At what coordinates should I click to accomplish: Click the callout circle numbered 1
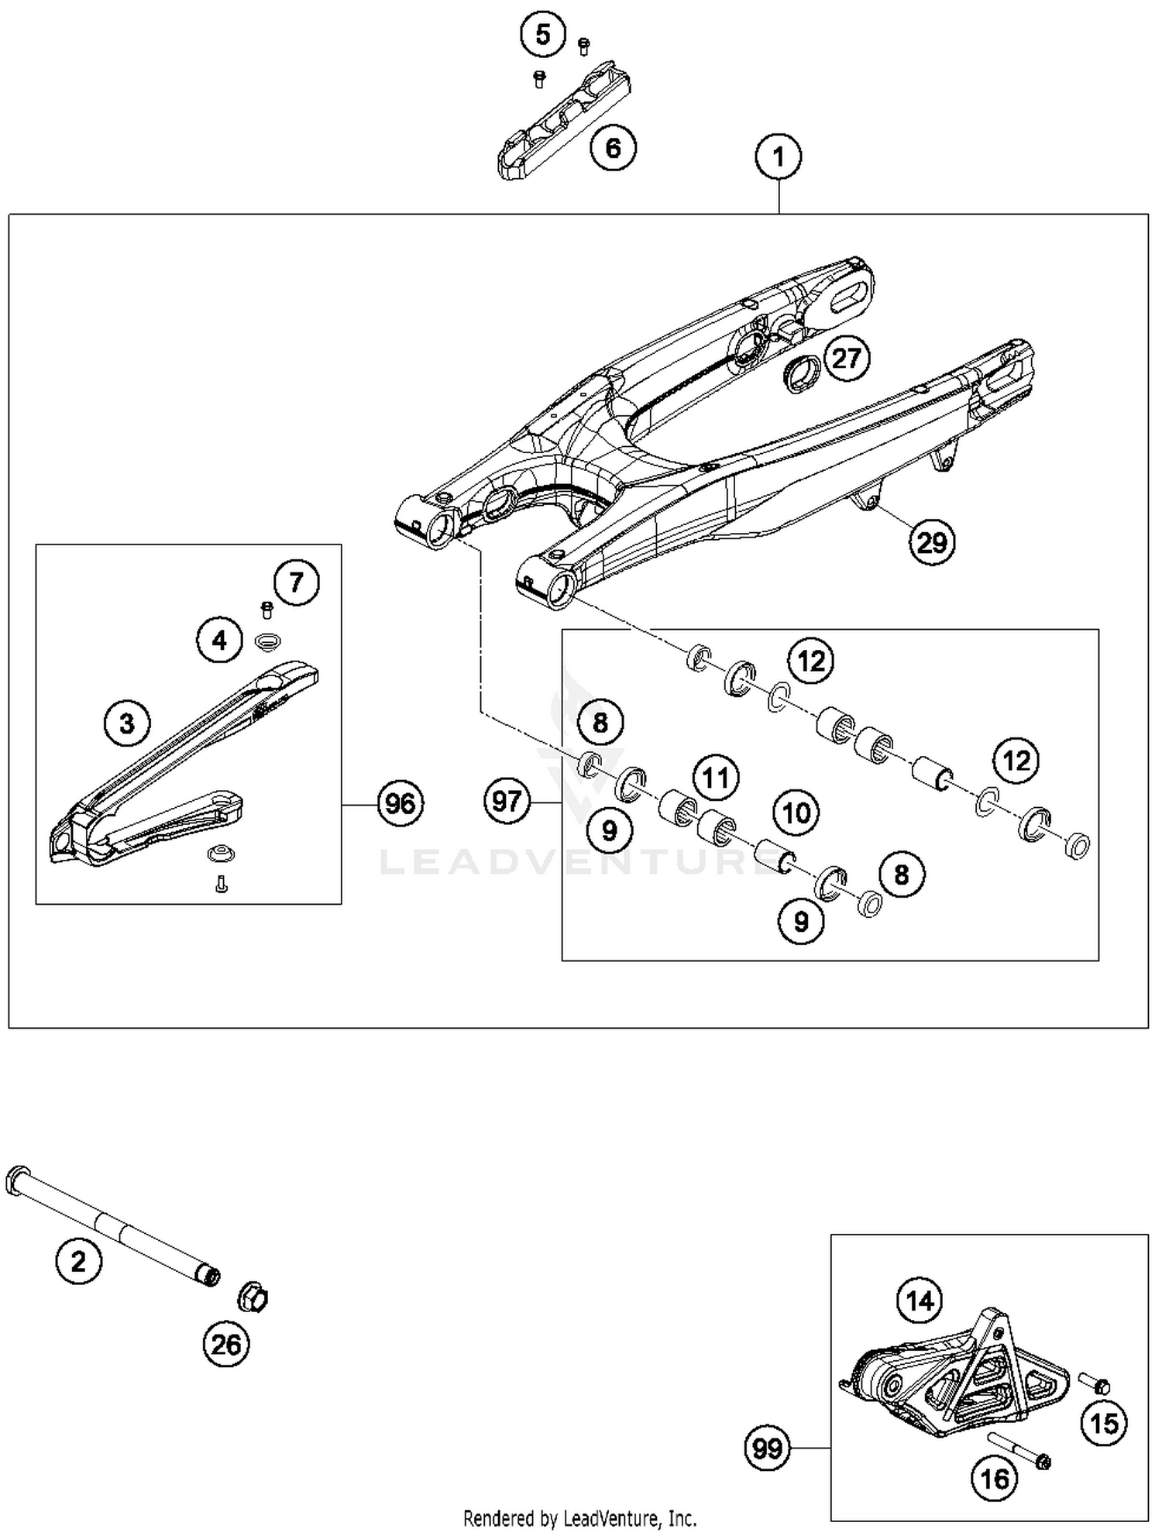click(778, 156)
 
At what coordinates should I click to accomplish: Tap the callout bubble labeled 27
click(847, 358)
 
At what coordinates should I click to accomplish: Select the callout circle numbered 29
click(931, 542)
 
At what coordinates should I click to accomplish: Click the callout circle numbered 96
click(400, 804)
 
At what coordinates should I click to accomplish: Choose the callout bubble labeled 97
click(507, 800)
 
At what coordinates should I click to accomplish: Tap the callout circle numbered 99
click(767, 1448)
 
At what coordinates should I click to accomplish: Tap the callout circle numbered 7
click(296, 582)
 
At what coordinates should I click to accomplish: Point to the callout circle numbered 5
click(542, 35)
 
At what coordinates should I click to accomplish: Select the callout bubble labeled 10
click(796, 813)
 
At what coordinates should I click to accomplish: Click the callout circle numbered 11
click(715, 777)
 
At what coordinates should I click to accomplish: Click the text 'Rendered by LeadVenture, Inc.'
click(579, 1517)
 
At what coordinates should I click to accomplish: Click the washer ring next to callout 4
click(267, 641)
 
